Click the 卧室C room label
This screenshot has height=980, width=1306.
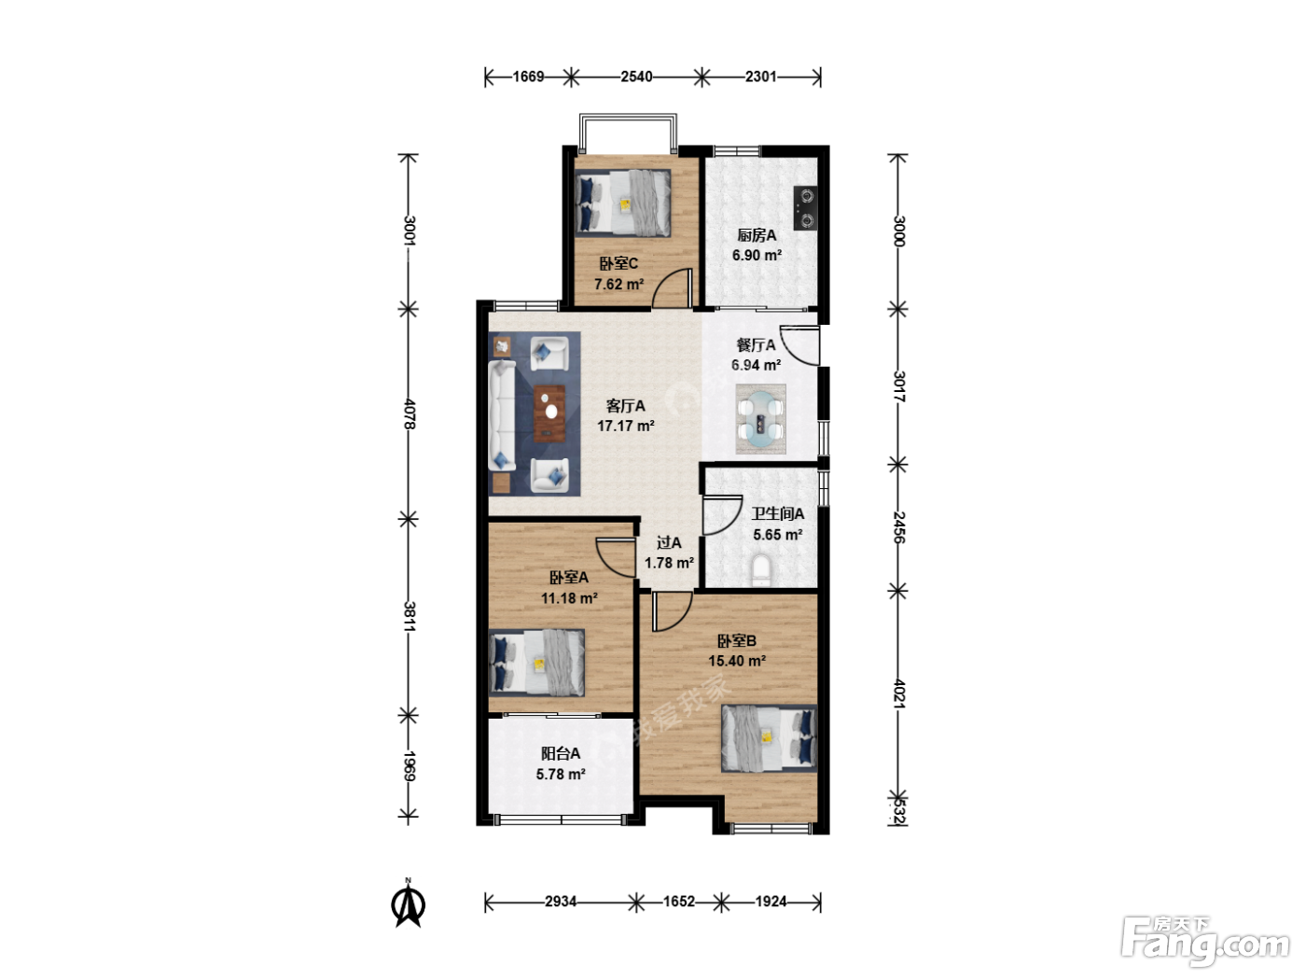click(x=618, y=263)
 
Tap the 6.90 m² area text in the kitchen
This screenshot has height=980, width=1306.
click(x=757, y=255)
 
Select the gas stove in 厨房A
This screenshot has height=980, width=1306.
click(x=805, y=207)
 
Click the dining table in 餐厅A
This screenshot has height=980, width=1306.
click(x=760, y=419)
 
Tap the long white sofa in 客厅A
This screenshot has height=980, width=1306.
click(x=502, y=416)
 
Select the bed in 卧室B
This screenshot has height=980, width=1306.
click(x=769, y=738)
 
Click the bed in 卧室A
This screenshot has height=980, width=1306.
click(x=536, y=663)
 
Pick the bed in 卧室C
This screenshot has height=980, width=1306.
click(x=623, y=203)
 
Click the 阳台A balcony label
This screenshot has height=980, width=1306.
click(x=561, y=753)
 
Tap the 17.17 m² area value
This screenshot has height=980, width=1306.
click(x=626, y=426)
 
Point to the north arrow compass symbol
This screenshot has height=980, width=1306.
click(x=409, y=904)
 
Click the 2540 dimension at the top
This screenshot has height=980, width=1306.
click(x=636, y=77)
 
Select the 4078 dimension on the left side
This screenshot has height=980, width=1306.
click(x=410, y=413)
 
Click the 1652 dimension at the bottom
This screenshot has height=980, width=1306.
click(x=679, y=902)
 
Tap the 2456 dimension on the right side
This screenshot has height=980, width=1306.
click(x=898, y=527)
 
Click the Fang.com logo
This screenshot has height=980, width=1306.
click(x=1205, y=940)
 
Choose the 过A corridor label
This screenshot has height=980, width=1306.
click(x=669, y=542)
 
